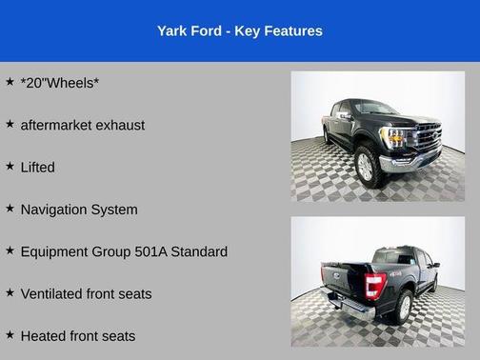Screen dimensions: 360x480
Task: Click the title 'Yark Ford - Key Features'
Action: [239, 31]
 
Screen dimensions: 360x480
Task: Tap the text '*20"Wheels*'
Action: [60, 83]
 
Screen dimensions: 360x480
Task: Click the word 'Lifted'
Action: [38, 167]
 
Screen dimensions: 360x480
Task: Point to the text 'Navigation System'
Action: [79, 210]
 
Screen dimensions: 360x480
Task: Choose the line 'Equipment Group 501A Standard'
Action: [124, 251]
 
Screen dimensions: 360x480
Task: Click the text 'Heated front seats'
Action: [78, 335]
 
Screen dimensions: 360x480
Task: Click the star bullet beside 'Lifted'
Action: [10, 166]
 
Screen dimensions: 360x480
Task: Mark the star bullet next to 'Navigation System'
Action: [10, 208]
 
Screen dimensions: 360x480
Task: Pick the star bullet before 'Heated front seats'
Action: [10, 334]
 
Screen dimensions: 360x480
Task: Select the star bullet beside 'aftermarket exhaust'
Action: [10, 124]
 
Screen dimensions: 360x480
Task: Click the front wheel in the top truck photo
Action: [365, 165]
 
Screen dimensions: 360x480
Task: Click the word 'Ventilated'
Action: [52, 293]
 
